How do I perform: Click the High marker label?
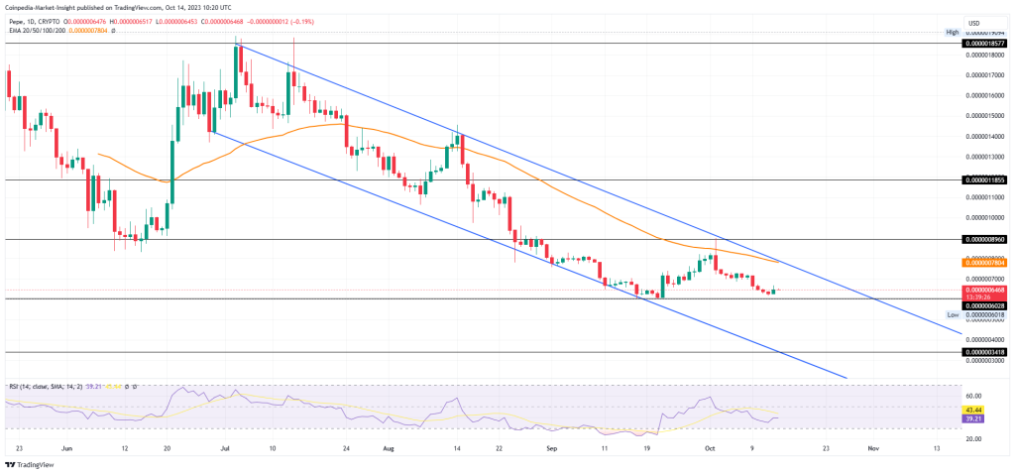coord(952,33)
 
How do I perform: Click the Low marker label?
coord(952,314)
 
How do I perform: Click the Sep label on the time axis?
coord(550,447)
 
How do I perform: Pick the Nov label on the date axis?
coord(871,447)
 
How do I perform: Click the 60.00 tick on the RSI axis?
coord(977,394)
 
